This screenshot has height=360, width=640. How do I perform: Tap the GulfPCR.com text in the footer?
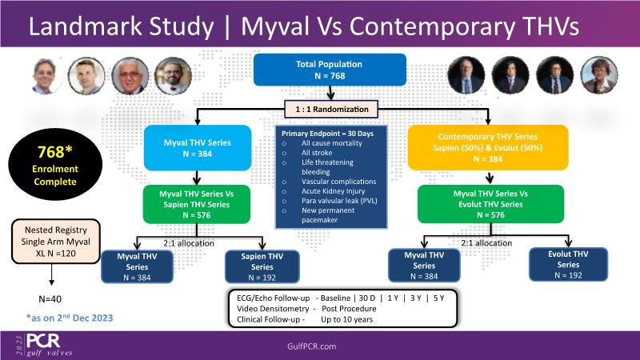[x=319, y=344]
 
